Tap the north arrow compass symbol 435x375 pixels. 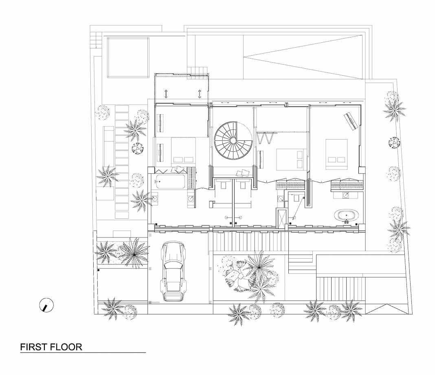46,305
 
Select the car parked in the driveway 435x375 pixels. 174,271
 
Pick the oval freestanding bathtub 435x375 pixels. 346,216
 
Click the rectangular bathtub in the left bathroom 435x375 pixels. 170,182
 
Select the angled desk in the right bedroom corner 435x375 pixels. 351,121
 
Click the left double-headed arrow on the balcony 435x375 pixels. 166,94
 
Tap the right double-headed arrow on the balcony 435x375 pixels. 200,94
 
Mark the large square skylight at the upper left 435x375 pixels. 128,58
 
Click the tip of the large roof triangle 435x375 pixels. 244,57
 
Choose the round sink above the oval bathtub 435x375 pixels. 346,195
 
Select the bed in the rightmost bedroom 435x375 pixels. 336,154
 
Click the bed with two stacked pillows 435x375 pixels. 291,159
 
